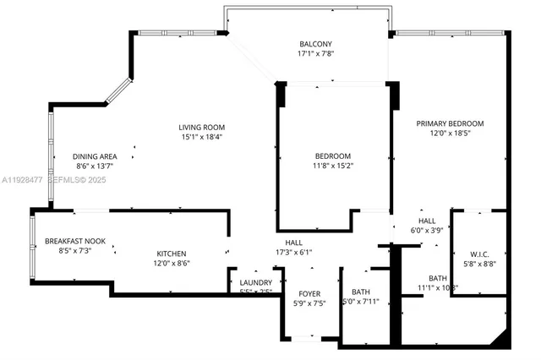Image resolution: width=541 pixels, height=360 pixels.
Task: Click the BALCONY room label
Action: [315, 44]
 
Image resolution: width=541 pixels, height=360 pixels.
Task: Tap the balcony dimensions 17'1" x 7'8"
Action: [315, 53]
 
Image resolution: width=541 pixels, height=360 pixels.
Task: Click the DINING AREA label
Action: [95, 156]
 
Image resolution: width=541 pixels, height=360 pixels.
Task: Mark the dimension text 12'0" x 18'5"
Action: [448, 132]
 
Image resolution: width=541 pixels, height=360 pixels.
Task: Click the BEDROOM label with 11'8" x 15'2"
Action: [333, 156]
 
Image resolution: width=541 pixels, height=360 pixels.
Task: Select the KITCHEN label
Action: [172, 254]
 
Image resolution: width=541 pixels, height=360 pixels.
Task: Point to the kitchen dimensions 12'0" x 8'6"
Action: [172, 263]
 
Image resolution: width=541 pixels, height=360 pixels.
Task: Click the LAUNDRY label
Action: [256, 282]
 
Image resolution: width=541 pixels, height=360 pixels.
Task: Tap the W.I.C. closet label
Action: [479, 254]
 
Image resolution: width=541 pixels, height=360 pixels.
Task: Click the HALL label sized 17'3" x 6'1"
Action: [293, 242]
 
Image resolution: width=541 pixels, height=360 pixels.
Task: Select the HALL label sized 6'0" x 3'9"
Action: [427, 219]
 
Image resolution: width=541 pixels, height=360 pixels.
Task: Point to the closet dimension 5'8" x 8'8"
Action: [479, 263]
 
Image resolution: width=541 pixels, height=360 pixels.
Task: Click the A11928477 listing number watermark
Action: [25, 179]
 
